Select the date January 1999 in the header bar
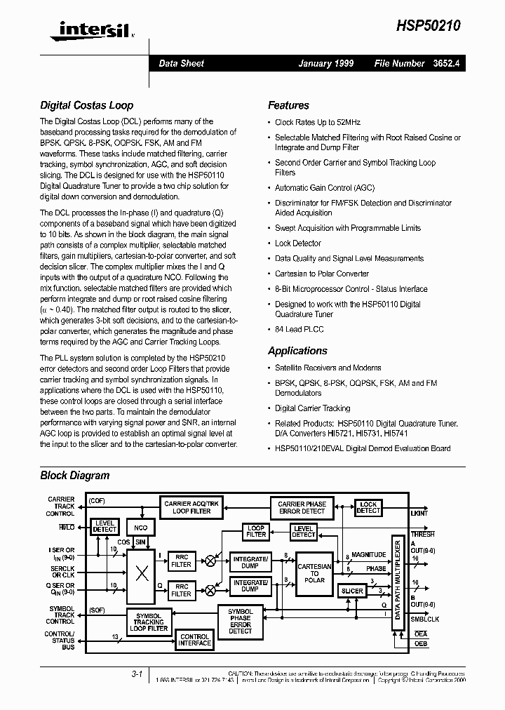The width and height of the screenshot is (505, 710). (x=325, y=63)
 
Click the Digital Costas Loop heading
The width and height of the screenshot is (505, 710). (x=86, y=106)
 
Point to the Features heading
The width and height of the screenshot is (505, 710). (x=288, y=106)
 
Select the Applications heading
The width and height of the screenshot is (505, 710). (x=297, y=351)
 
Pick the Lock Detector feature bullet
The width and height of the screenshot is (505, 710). (x=298, y=243)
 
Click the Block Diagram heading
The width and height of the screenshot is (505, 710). (x=74, y=475)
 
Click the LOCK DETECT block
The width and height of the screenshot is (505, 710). (x=368, y=507)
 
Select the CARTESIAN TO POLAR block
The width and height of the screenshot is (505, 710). (x=314, y=573)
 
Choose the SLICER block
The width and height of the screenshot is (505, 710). (x=352, y=591)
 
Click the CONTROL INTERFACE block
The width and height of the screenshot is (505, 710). (x=194, y=639)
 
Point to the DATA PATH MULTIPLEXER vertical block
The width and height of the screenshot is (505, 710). (x=397, y=580)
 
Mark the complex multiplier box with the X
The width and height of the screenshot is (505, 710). (x=142, y=574)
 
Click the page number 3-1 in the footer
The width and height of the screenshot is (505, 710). (x=137, y=674)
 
